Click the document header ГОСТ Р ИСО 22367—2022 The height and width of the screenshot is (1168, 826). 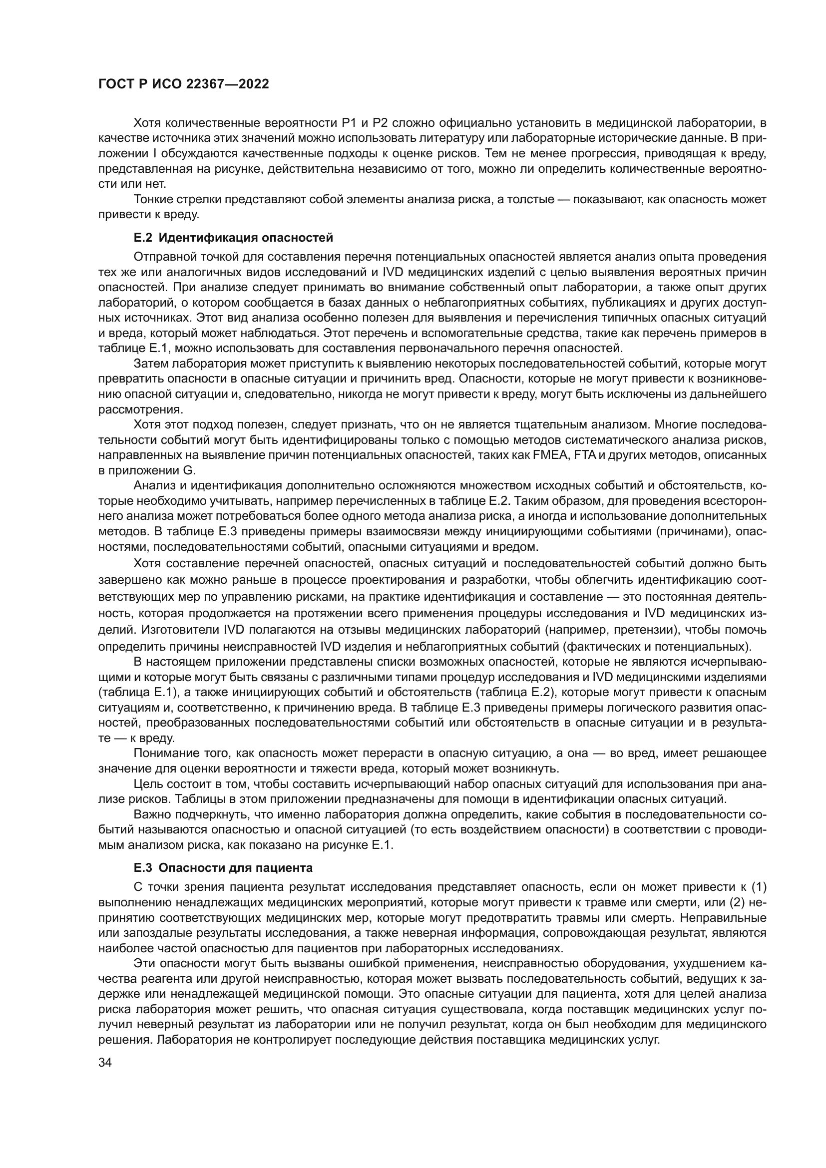point(184,84)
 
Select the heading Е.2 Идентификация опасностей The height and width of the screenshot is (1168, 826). point(233,238)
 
